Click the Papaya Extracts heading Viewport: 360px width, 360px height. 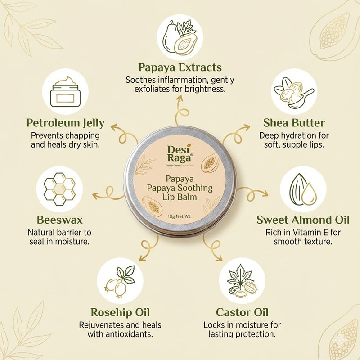pos(180,67)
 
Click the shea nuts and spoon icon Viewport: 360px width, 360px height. pos(293,92)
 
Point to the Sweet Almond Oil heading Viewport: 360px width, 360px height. pos(303,220)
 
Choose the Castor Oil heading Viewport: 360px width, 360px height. pos(242,312)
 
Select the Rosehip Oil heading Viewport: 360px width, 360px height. pos(120,312)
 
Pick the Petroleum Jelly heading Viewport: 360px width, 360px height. pos(65,123)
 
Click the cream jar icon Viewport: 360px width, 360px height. pos(65,92)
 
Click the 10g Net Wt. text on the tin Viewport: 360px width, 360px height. pos(180,216)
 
